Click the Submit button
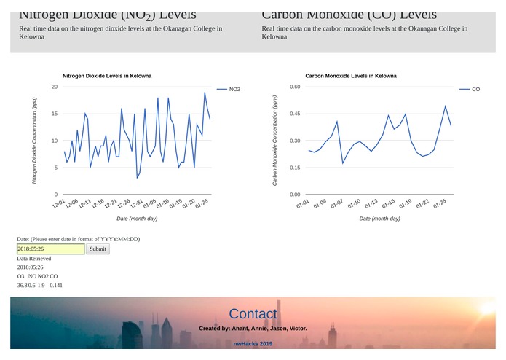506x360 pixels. [98, 249]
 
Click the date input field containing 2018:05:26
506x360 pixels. [50, 249]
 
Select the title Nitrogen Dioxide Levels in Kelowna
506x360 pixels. [107, 76]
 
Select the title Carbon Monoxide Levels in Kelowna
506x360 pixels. [351, 76]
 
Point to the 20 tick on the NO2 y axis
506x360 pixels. [55, 87]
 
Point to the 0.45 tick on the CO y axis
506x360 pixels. [295, 114]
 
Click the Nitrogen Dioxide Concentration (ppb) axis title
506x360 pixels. [34, 140]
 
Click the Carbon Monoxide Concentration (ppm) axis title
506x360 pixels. [275, 140]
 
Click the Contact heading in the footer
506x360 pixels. [253, 314]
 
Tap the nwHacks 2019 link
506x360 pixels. [253, 343]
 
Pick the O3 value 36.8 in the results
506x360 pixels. [22, 286]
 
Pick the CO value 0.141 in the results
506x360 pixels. [56, 286]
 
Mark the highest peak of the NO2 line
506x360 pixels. [205, 93]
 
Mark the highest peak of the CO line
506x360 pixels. [446, 106]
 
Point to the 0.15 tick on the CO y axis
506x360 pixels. [295, 168]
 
